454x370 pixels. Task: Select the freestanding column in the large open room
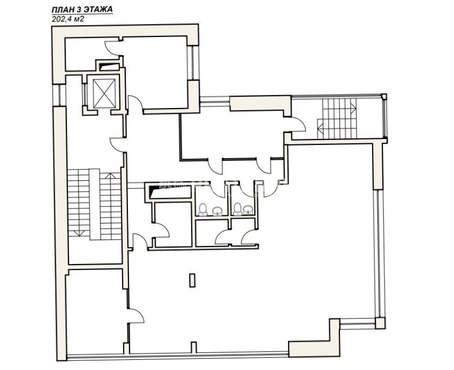192,280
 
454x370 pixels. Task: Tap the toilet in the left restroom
203,210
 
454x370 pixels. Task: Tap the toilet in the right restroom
238,209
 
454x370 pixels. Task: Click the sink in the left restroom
217,211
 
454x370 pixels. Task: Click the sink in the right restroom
248,210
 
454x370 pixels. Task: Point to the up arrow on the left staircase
110,176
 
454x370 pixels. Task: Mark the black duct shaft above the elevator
109,67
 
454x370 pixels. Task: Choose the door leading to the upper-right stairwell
298,124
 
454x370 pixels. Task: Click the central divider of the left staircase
95,204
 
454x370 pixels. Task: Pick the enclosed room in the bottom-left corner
95,314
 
